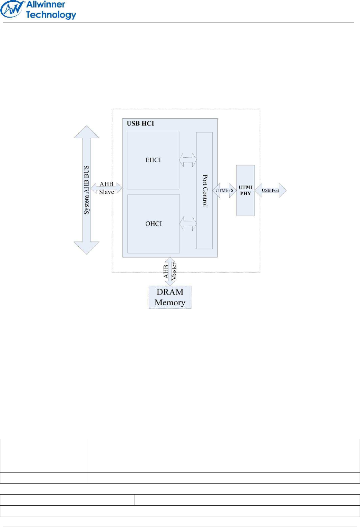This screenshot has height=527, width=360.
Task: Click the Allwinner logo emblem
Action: (x=12, y=9)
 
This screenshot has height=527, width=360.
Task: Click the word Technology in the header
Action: (x=51, y=15)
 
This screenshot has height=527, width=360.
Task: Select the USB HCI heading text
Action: (x=140, y=123)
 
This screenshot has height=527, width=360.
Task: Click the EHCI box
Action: (x=153, y=160)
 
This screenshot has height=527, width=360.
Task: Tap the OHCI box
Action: (x=154, y=224)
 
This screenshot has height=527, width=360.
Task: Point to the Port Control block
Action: (x=205, y=190)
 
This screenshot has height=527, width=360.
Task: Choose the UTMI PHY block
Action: (x=245, y=190)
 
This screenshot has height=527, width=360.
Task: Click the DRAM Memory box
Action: (x=170, y=297)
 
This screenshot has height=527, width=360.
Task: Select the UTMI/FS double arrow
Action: (x=224, y=190)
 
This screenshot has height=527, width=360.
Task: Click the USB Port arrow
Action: (x=271, y=190)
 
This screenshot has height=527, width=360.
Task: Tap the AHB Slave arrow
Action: (x=106, y=188)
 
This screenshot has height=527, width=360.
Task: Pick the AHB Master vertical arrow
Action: (x=170, y=271)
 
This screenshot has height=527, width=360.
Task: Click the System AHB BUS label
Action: (x=86, y=190)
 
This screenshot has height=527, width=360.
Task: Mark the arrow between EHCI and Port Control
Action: (x=188, y=160)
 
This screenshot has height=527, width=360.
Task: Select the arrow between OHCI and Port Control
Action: (x=188, y=224)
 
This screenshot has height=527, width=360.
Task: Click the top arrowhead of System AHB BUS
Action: (x=86, y=132)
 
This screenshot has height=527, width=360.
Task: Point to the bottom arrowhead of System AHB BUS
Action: (x=86, y=248)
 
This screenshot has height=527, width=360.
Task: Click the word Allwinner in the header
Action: (x=46, y=5)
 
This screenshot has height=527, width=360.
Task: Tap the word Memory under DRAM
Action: (x=170, y=302)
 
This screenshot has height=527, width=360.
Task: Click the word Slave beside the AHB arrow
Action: (x=106, y=192)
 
